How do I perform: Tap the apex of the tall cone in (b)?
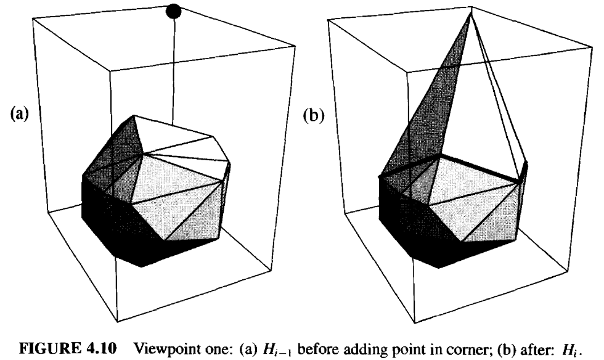471,14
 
